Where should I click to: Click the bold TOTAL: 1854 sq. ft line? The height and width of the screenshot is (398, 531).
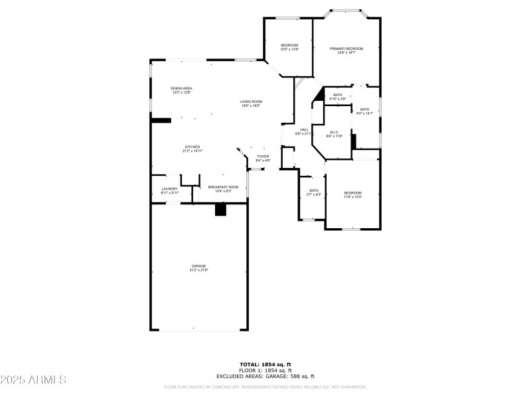click(x=265, y=364)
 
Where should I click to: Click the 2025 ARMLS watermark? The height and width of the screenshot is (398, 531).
click(x=33, y=380)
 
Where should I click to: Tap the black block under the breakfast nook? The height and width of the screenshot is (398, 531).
click(x=220, y=209)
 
